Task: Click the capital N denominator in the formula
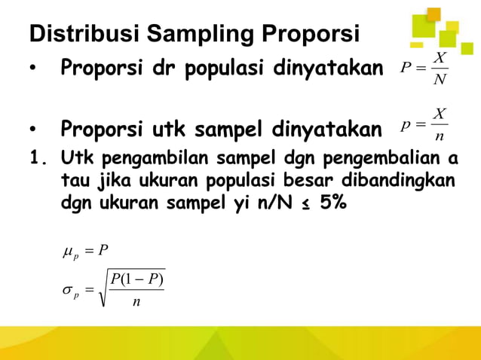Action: (x=440, y=80)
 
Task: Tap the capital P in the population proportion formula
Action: (x=405, y=69)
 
